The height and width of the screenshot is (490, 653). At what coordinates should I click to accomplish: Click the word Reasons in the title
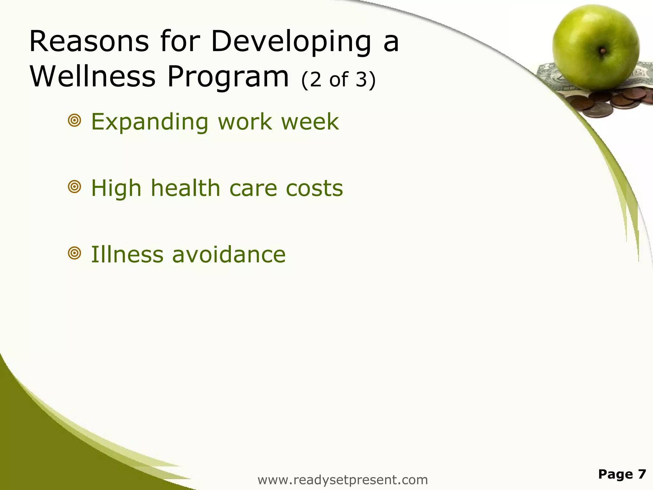click(89, 41)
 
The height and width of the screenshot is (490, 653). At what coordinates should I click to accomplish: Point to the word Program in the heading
click(228, 77)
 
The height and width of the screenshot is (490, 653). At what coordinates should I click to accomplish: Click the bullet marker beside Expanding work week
click(75, 121)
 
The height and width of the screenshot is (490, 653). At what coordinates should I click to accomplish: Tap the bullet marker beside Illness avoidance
click(75, 253)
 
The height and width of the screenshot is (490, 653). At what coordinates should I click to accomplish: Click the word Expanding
click(149, 122)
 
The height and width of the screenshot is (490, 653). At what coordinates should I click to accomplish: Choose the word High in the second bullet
click(116, 188)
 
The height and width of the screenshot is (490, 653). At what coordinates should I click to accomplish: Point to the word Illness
click(127, 255)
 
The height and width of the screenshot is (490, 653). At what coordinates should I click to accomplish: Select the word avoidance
click(229, 255)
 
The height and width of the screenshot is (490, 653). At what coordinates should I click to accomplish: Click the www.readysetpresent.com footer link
click(342, 480)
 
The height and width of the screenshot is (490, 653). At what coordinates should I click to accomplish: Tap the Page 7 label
click(622, 474)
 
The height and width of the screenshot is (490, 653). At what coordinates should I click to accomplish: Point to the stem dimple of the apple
click(602, 50)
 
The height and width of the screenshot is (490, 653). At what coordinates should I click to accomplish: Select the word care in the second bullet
click(253, 188)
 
